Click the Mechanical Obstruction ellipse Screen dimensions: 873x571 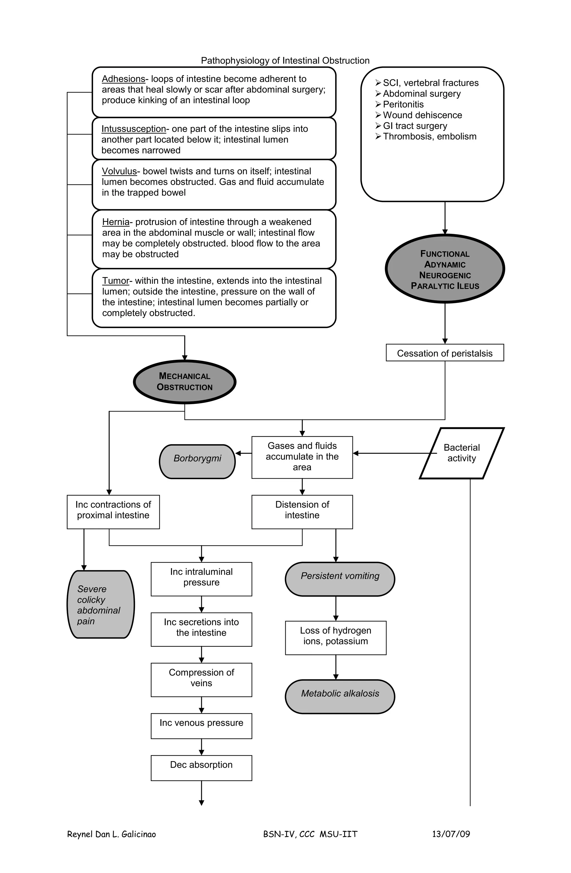point(185,382)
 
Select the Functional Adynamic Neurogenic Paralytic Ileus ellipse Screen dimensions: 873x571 point(445,269)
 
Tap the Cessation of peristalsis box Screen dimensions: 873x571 point(445,353)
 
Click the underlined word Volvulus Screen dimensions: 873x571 point(119,171)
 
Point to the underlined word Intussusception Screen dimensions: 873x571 point(134,129)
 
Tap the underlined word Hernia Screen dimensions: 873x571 point(116,222)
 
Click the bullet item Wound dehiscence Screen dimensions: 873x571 point(422,115)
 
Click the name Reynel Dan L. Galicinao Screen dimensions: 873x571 point(111,834)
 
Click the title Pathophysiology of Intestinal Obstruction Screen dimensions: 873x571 point(285,60)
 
